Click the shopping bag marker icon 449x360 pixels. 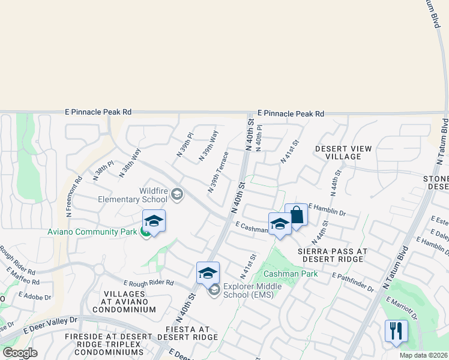[x=297, y=215]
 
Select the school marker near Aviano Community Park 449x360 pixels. [x=154, y=221]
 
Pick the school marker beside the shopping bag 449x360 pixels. [x=280, y=224]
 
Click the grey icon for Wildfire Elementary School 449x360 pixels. [x=177, y=193]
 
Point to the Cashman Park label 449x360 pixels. [x=286, y=274]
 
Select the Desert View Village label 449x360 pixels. [x=343, y=152]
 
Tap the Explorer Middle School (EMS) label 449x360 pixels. [x=252, y=290]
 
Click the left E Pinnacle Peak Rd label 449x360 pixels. [x=98, y=112]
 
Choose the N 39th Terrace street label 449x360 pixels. [x=218, y=172]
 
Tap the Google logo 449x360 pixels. [x=20, y=353]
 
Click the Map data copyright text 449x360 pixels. [x=423, y=355]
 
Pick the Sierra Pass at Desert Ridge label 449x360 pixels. [x=331, y=255]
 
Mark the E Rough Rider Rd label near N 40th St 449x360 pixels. [x=148, y=283]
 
